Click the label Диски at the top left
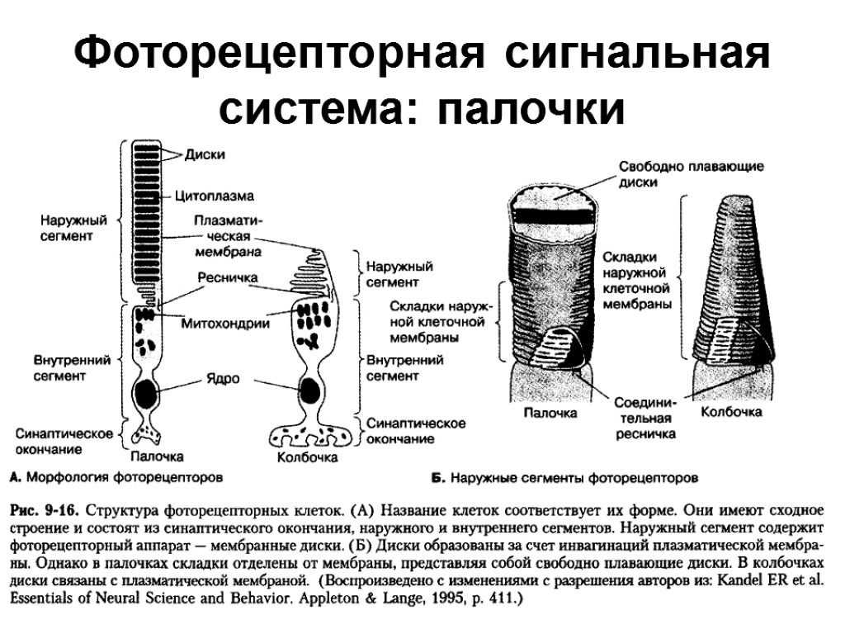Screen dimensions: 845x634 tap(205, 154)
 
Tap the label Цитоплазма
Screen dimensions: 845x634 tap(214, 196)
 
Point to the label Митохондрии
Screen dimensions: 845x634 tap(225, 324)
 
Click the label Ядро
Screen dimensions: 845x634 tap(222, 379)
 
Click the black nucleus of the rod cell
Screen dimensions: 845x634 tap(149, 393)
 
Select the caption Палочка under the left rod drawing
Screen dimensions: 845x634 tap(157, 456)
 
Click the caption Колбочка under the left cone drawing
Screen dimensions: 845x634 tap(307, 457)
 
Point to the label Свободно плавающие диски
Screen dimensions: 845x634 tap(692, 173)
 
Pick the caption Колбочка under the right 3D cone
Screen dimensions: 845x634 tap(731, 411)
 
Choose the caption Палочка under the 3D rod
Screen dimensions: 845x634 tap(550, 413)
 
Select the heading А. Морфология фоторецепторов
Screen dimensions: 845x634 tap(116, 477)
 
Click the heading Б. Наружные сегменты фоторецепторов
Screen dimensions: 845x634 tap(565, 477)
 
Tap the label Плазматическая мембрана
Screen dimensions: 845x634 tap(228, 236)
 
